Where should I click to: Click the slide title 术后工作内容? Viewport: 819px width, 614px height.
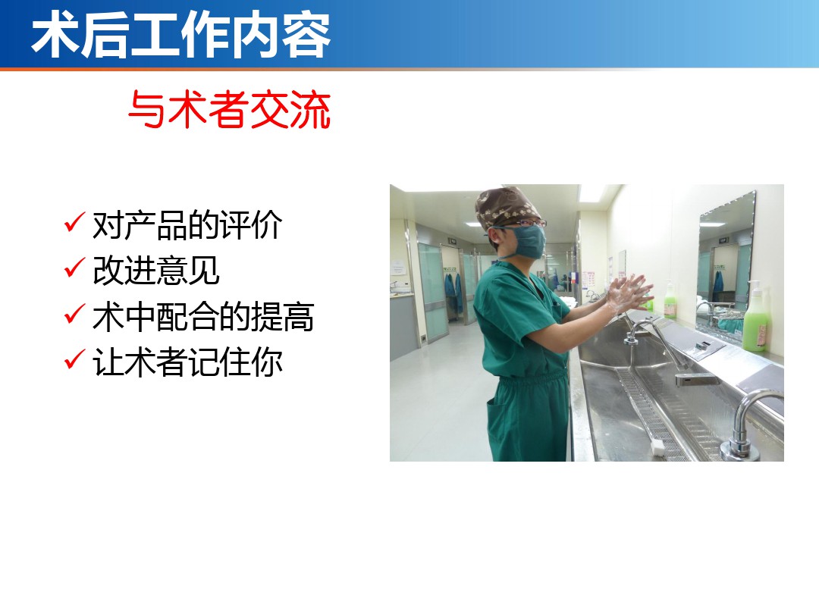(180, 36)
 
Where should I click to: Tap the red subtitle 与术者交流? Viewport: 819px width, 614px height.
(229, 109)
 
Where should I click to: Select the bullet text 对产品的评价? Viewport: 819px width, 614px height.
(187, 225)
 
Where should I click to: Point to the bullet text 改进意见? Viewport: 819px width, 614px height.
(155, 271)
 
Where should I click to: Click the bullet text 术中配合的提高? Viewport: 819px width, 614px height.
(203, 316)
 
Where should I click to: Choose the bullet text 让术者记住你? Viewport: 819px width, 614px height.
(187, 362)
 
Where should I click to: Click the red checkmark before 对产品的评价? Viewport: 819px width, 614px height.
(74, 222)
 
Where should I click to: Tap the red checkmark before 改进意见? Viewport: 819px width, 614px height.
(74, 268)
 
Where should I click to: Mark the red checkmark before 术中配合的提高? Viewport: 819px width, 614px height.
(74, 313)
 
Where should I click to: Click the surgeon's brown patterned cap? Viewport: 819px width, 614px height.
(506, 207)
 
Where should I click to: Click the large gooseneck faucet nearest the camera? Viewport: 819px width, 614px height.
(748, 422)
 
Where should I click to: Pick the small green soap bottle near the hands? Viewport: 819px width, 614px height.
(670, 301)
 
